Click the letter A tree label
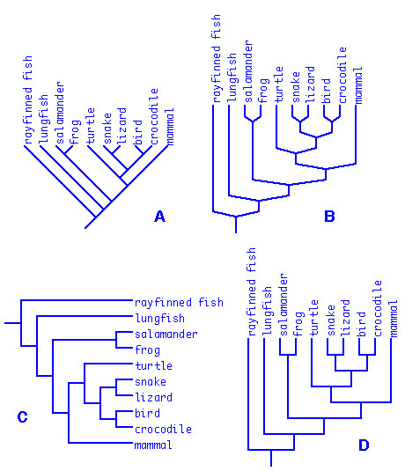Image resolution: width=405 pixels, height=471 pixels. [159, 217]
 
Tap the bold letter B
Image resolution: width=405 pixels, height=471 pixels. [329, 217]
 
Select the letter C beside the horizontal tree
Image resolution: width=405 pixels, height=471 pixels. [23, 417]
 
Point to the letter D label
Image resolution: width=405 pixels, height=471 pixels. [364, 445]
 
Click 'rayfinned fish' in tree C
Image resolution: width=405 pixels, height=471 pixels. [179, 303]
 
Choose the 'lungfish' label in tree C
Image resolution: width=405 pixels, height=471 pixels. [160, 319]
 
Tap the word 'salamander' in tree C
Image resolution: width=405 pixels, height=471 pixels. [166, 334]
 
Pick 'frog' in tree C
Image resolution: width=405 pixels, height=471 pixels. [148, 350]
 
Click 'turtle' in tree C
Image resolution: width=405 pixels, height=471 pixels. [153, 366]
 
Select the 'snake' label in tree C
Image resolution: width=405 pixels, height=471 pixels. [151, 382]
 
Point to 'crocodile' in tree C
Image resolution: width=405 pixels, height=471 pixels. [163, 430]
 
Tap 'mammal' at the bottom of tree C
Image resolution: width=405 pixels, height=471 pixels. [153, 445]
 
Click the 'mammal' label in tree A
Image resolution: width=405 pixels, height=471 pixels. [169, 127]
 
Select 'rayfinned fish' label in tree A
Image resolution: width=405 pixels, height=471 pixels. [27, 100]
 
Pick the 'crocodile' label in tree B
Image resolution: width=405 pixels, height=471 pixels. [342, 75]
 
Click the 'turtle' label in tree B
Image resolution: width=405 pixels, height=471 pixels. [279, 85]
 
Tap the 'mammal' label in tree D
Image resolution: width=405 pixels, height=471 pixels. [394, 319]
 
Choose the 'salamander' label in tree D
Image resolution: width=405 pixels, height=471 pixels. [283, 305]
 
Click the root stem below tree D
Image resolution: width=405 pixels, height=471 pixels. [271, 458]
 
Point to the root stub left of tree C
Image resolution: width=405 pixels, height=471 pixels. [12, 323]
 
